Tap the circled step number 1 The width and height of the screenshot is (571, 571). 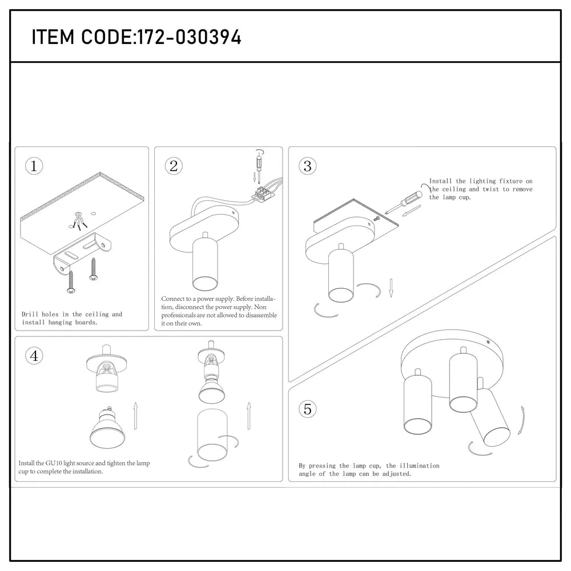coord(34,166)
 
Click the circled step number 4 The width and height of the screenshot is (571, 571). coord(34,356)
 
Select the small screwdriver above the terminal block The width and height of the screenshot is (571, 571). coord(258,167)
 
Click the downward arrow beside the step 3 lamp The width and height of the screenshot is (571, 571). coord(392,288)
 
